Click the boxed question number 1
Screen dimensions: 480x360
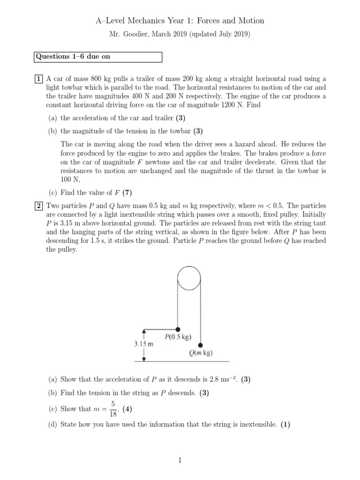pos(39,79)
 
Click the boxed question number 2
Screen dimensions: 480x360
pos(39,206)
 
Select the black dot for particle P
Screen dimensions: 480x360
pos(178,329)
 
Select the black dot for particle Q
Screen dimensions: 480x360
pos(200,345)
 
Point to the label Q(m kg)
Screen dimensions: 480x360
pos(201,353)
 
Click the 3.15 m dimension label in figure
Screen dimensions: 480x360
pos(144,344)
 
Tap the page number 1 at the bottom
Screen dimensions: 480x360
pos(180,460)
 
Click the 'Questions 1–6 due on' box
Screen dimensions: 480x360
pos(98,57)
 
